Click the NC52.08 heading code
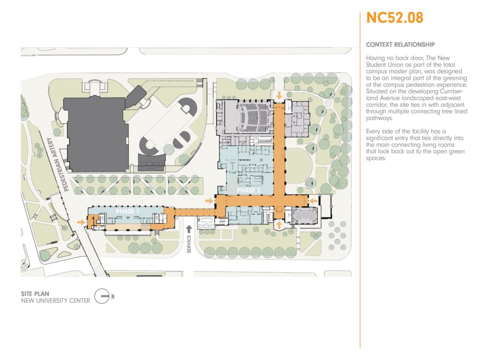click(395, 18)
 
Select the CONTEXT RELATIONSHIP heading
click(400, 45)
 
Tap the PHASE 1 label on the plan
click(127, 211)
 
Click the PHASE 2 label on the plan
click(248, 190)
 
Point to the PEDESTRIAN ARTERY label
click(58, 165)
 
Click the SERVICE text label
click(189, 244)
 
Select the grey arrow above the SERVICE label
click(189, 229)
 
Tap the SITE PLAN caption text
click(35, 294)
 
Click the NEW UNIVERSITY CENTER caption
click(56, 301)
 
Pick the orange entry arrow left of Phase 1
click(81, 222)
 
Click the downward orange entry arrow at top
click(279, 96)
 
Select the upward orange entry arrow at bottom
click(279, 225)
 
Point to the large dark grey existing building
click(96, 134)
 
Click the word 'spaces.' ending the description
click(376, 158)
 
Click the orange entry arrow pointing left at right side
click(313, 201)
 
